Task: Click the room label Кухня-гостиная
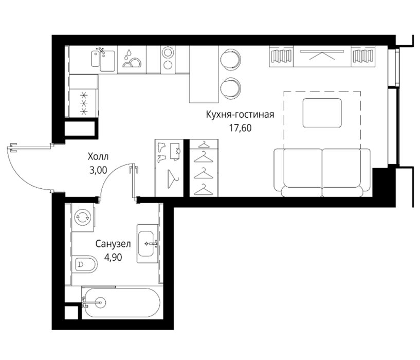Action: coord(240,115)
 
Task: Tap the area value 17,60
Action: coord(240,128)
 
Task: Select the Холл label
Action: coord(98,156)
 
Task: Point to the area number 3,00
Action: coord(98,170)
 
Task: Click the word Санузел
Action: coord(113,244)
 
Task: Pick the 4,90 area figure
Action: coord(113,257)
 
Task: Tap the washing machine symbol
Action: coord(82,217)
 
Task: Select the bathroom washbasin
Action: coord(147,244)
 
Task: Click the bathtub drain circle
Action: coord(100,302)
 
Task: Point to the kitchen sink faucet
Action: coord(101,51)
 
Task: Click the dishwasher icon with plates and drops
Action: coord(132,59)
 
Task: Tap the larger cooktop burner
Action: coord(168,52)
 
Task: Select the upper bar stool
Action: coord(230,60)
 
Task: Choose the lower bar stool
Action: coord(230,88)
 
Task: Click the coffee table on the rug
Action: coord(322,113)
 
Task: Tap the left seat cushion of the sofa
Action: coord(302,168)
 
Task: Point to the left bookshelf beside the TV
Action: coord(281,56)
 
